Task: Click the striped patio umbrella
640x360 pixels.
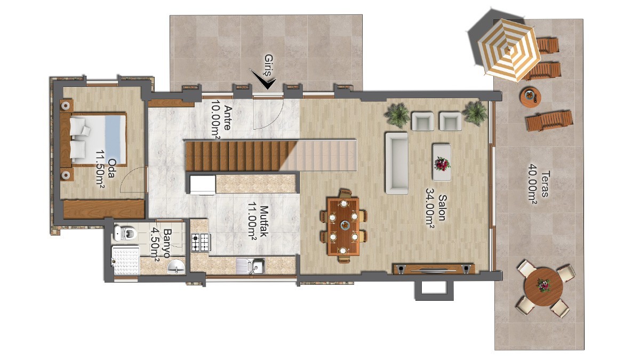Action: pyautogui.click(x=509, y=50)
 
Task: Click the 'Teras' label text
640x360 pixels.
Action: pyautogui.click(x=545, y=183)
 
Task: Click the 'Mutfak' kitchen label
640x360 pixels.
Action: pyautogui.click(x=263, y=221)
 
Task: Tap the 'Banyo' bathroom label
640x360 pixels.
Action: pyautogui.click(x=166, y=243)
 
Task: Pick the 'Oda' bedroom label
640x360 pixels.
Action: pyautogui.click(x=111, y=168)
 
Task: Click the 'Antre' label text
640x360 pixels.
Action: pyautogui.click(x=228, y=118)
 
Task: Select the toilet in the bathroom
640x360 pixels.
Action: pyautogui.click(x=125, y=234)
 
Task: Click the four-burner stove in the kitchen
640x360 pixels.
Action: pyautogui.click(x=201, y=242)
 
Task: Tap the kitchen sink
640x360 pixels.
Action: pyautogui.click(x=251, y=266)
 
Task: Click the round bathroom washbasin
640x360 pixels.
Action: pyautogui.click(x=176, y=267)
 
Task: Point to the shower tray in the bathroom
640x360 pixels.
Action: pyautogui.click(x=125, y=261)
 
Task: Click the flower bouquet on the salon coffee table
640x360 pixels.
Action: pyautogui.click(x=442, y=164)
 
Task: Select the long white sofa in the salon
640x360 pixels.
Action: pyautogui.click(x=397, y=163)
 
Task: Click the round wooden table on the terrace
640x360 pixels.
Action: pyautogui.click(x=543, y=286)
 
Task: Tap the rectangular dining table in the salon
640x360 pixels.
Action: pyautogui.click(x=343, y=226)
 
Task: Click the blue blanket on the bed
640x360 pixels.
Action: pyautogui.click(x=115, y=139)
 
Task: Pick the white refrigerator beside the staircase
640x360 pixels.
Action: pyautogui.click(x=203, y=185)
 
